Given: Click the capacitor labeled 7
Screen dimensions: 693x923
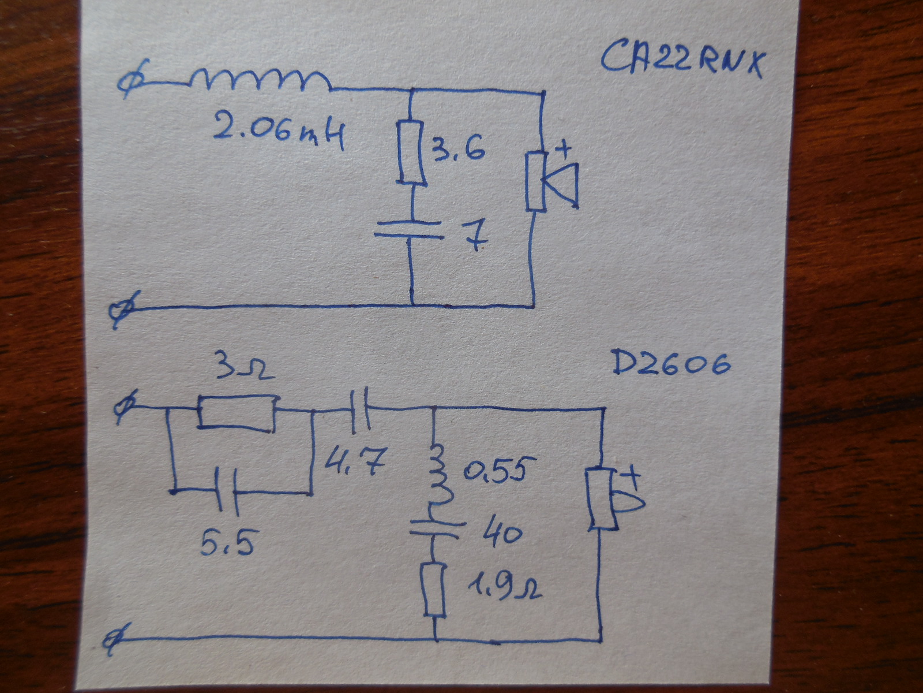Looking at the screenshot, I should [x=408, y=229].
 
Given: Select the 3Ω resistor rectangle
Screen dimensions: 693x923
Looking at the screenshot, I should [x=236, y=412].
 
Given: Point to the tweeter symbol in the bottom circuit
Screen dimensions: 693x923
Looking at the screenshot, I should [x=609, y=500].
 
